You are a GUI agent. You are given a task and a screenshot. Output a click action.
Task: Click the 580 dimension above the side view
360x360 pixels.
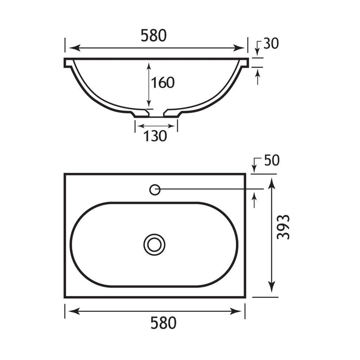pyautogui.click(x=153, y=36)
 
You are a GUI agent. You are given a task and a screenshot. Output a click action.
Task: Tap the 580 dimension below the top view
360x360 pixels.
pyautogui.click(x=163, y=323)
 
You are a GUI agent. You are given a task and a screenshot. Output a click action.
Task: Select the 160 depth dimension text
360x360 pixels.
pyautogui.click(x=163, y=83)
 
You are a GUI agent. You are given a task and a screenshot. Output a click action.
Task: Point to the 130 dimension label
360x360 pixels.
pyautogui.click(x=155, y=136)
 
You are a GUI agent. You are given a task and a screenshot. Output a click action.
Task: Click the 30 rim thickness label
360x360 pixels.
pyautogui.click(x=271, y=43)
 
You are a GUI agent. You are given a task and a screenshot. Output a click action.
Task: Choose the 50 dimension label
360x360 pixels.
pyautogui.click(x=272, y=160)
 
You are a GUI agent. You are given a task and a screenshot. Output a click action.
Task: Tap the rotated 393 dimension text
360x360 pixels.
pyautogui.click(x=283, y=227)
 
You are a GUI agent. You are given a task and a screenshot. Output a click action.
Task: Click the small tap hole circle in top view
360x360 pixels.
pyautogui.click(x=155, y=190)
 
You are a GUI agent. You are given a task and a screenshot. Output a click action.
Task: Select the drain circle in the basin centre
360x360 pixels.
pyautogui.click(x=154, y=244)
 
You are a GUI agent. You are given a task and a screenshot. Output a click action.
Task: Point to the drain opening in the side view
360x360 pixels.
pyautogui.click(x=156, y=114)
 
